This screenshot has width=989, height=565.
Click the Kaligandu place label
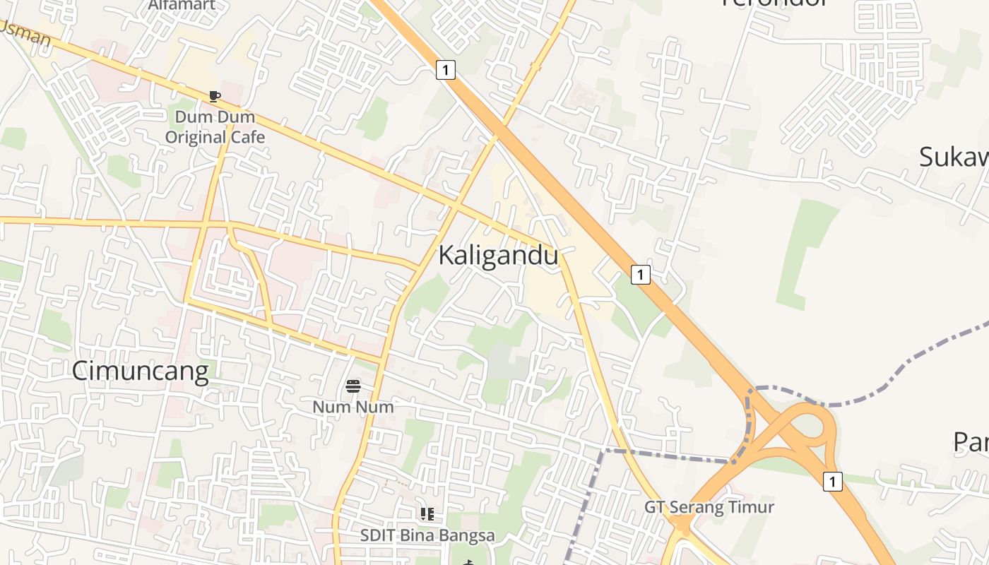pyautogui.click(x=498, y=256)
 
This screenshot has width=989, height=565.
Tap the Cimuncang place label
pyautogui.click(x=140, y=371)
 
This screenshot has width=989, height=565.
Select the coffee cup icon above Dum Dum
pyautogui.click(x=215, y=96)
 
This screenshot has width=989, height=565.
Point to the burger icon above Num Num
pyautogui.click(x=353, y=386)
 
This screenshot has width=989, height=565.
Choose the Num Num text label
pyautogui.click(x=353, y=407)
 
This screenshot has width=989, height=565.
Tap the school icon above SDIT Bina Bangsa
pyautogui.click(x=427, y=514)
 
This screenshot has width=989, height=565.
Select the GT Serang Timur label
pyautogui.click(x=709, y=507)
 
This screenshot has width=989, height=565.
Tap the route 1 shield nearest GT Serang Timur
pyautogui.click(x=833, y=482)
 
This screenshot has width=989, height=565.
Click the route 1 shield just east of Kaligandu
pyautogui.click(x=640, y=274)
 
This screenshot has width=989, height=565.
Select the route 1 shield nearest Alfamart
pyautogui.click(x=446, y=70)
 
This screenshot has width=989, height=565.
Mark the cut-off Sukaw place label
pyautogui.click(x=954, y=157)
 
